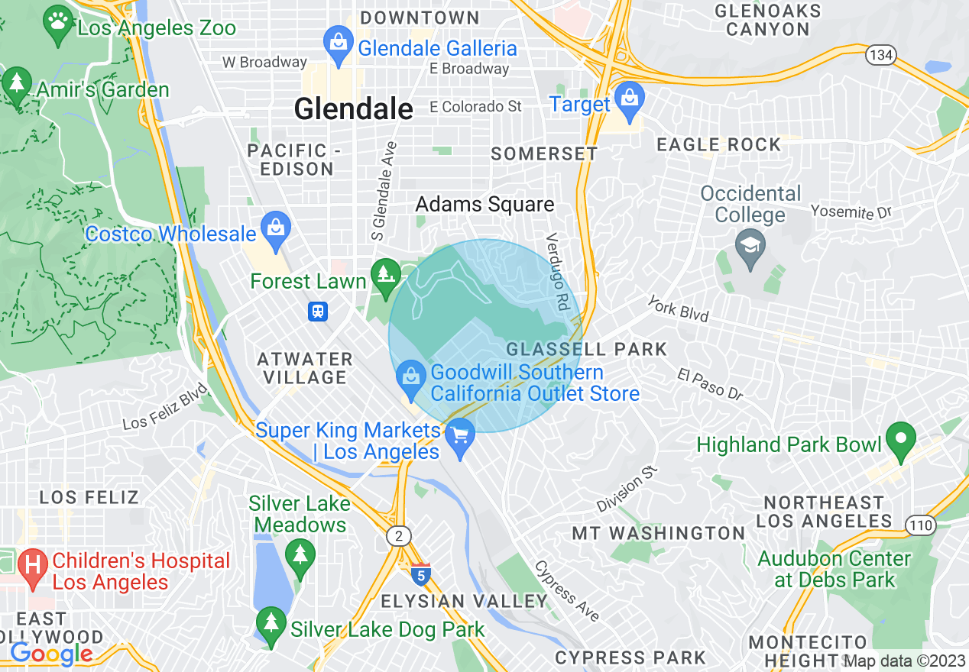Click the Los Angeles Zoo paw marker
(58, 21)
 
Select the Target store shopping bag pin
(630, 100)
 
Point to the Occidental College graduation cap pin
(749, 247)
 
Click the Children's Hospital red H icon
(33, 567)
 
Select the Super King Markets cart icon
(460, 437)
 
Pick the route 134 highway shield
(880, 54)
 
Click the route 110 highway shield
(918, 524)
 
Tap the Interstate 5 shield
(420, 573)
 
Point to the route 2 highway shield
(398, 536)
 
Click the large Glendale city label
(353, 109)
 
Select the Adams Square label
(484, 205)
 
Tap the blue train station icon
(318, 311)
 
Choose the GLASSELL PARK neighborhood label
(586, 349)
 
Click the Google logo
(51, 654)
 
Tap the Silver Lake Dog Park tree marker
(271, 624)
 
